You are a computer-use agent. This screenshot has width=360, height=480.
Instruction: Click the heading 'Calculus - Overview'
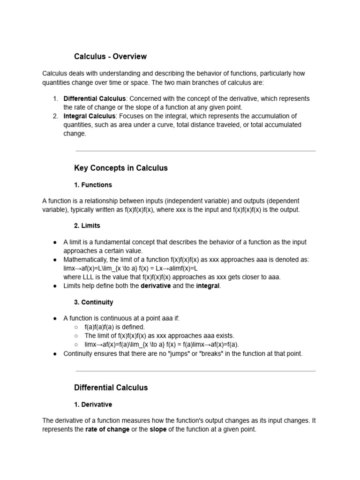point(110,57)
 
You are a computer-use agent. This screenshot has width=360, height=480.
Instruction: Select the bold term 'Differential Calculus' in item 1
point(94,99)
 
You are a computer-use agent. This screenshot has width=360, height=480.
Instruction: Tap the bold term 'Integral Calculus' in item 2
point(89,116)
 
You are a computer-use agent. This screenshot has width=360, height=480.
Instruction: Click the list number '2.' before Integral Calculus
point(55,116)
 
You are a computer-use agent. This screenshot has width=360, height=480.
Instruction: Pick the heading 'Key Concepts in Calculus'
point(120,168)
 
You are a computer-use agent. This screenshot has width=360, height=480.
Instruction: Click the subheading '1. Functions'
point(93,185)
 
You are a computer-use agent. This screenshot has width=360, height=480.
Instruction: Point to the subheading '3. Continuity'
point(93,302)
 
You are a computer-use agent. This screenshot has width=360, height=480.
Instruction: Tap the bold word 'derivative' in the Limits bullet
point(156,286)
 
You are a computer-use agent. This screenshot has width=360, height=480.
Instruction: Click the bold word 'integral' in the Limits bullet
point(208,286)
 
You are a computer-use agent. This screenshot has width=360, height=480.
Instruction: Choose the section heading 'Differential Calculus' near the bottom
point(111,388)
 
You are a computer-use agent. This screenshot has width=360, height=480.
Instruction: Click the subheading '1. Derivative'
point(93,405)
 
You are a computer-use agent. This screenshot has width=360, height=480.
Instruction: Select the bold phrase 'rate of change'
point(107,429)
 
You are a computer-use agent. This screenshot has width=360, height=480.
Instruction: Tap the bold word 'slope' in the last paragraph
point(158,429)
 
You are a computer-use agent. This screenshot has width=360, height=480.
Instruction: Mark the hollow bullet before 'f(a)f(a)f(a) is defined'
point(76,327)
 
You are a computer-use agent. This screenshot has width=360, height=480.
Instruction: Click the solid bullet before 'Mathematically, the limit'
point(55,260)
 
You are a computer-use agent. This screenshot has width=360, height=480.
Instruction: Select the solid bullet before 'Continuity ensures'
point(55,353)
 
